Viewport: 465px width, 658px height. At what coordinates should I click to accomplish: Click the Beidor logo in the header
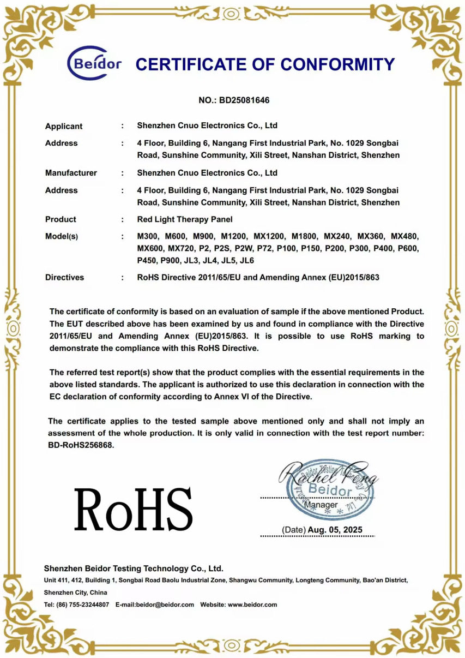[x=94, y=64]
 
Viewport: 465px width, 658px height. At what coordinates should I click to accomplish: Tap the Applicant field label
[x=64, y=126]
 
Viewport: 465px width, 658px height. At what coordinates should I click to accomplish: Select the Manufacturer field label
[x=71, y=173]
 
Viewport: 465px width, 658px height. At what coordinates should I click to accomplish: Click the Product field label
[x=61, y=219]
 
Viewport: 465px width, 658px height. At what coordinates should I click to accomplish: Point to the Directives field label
[x=64, y=277]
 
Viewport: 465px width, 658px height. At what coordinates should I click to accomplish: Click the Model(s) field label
[x=62, y=237]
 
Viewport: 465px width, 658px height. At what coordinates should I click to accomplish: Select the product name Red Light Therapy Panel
[x=185, y=219]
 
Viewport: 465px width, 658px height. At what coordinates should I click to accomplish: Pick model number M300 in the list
[x=148, y=237]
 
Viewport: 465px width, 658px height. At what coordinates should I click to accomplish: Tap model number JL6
[x=247, y=260]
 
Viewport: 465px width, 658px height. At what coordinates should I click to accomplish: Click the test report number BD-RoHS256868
[x=81, y=445]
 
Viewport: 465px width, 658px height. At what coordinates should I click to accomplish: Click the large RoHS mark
[x=134, y=510]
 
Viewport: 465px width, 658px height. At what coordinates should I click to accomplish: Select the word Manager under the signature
[x=321, y=505]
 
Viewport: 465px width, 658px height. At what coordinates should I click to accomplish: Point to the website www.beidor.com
[x=252, y=605]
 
